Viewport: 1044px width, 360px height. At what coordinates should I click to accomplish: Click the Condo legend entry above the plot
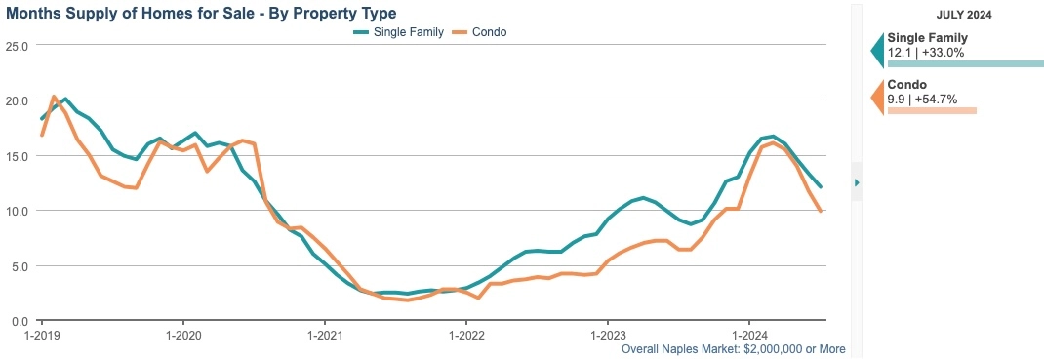click(488, 31)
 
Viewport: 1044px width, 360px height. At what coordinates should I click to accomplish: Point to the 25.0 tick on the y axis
click(17, 46)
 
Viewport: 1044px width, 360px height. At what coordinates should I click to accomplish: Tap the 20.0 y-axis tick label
click(17, 100)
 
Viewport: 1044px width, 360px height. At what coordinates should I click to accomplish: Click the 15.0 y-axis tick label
click(17, 156)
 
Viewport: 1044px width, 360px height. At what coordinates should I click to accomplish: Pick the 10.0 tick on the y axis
click(17, 211)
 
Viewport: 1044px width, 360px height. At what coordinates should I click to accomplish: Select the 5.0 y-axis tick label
click(20, 265)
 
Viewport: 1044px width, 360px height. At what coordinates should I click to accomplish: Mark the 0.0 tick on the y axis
click(20, 321)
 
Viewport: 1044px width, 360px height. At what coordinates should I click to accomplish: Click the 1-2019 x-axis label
click(42, 334)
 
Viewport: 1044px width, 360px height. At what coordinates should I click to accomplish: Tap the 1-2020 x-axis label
click(183, 334)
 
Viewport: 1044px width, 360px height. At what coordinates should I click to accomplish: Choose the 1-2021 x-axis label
click(325, 334)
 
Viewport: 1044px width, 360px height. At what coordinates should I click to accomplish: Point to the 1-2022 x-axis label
click(466, 334)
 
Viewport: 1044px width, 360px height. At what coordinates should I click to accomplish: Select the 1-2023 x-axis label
click(608, 334)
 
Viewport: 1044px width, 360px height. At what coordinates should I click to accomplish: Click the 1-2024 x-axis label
click(749, 334)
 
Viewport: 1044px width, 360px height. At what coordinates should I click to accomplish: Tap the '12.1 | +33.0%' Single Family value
click(926, 52)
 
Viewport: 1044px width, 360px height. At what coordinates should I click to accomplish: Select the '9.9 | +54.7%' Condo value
click(922, 99)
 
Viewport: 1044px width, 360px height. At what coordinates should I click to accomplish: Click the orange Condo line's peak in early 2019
click(53, 97)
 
